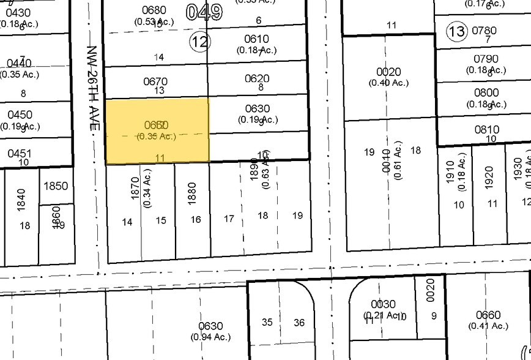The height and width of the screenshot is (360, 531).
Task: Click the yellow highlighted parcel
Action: tap(158, 130)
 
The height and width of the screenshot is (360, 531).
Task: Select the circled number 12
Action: tap(199, 42)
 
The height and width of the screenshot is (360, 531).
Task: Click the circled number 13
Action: tap(456, 31)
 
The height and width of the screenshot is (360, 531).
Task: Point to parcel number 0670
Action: tap(155, 81)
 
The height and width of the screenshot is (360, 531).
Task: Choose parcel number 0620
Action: tap(257, 78)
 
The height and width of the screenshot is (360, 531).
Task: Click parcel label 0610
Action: tap(257, 39)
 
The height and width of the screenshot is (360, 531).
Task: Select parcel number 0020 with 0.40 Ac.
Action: tap(388, 72)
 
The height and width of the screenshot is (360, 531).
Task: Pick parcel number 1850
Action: tap(56, 186)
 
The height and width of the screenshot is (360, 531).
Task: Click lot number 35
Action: tap(267, 322)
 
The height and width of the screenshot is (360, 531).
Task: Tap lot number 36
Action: tap(299, 322)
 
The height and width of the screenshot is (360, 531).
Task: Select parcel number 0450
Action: tap(18, 115)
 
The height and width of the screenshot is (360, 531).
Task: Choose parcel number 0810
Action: tap(487, 130)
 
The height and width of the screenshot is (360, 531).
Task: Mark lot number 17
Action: tap(229, 217)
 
